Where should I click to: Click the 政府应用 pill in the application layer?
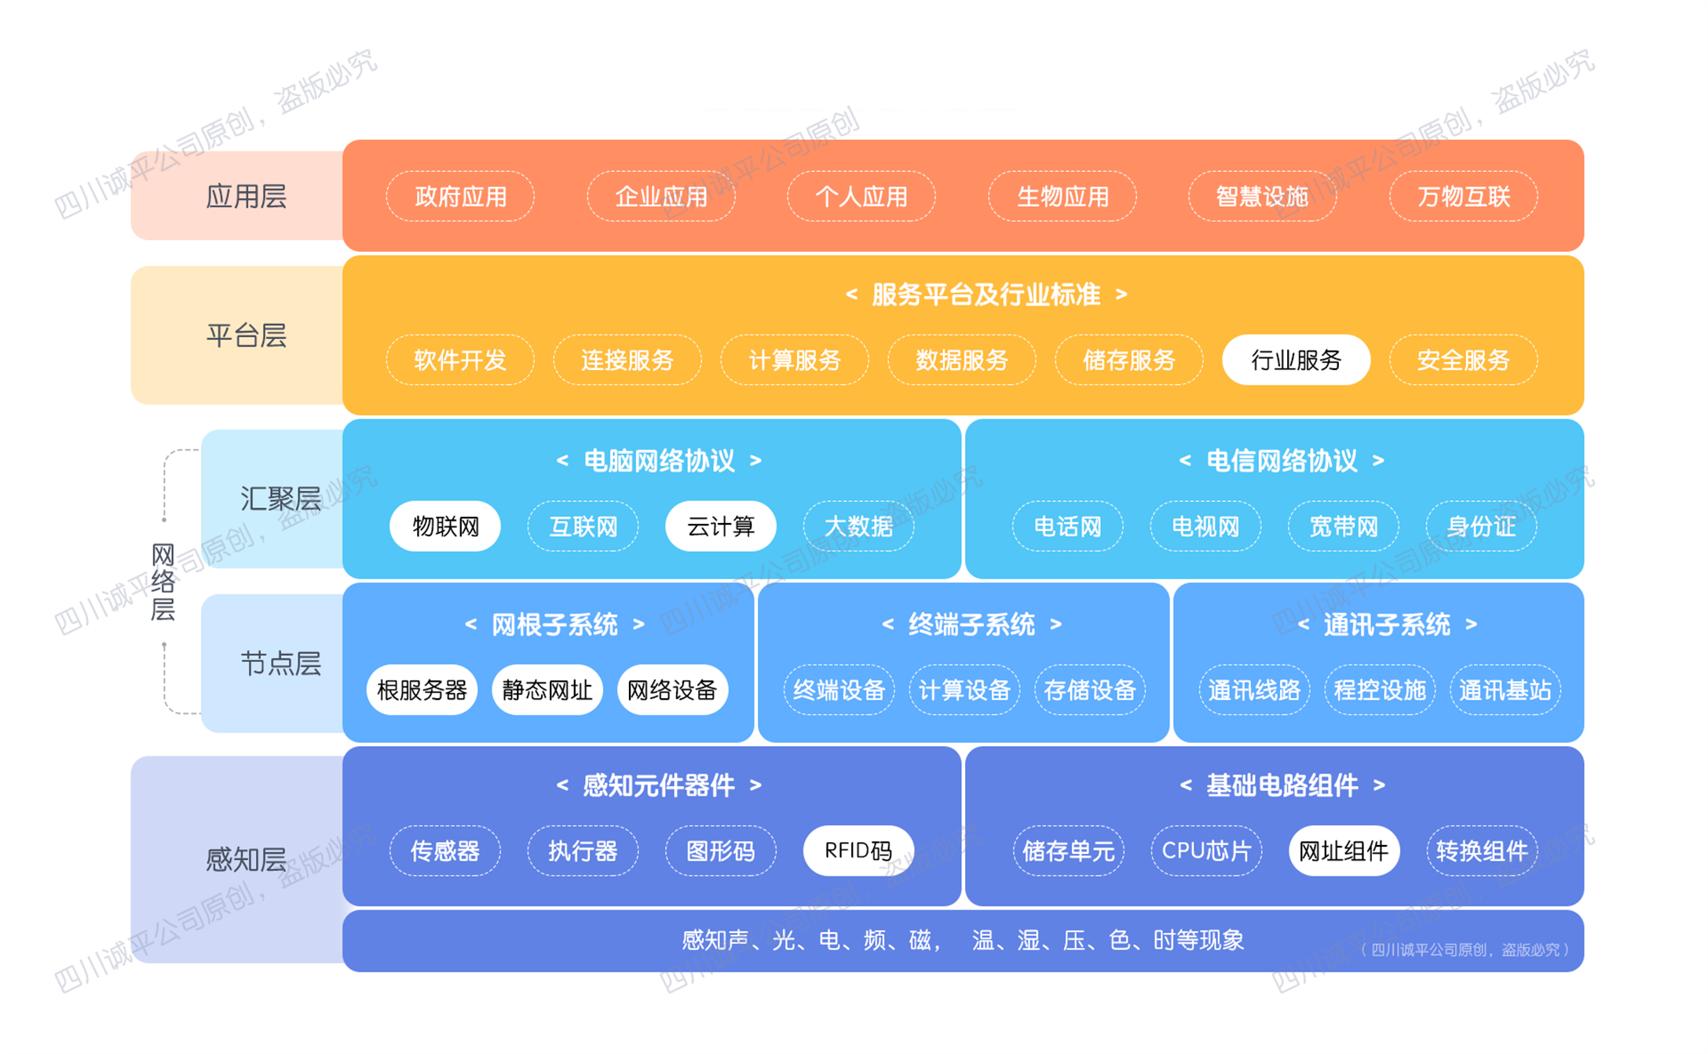[x=460, y=196]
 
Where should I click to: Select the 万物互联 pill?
[x=1463, y=196]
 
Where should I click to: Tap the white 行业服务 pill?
[x=1296, y=360]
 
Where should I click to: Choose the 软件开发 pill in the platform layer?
[x=460, y=360]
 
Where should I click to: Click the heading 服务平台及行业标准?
[x=986, y=295]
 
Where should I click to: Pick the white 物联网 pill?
[x=445, y=526]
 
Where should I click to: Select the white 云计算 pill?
[x=721, y=526]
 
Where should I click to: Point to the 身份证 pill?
[x=1481, y=526]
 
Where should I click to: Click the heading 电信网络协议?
[x=1282, y=461]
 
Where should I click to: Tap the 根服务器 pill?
[x=422, y=690]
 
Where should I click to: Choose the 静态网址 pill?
[x=547, y=690]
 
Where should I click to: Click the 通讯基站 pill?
[x=1505, y=690]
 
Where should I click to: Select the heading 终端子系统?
[x=971, y=624]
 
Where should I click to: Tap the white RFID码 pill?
[x=858, y=851]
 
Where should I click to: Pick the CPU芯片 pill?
[x=1206, y=851]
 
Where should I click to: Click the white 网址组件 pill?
[x=1344, y=851]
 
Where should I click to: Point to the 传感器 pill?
[x=445, y=851]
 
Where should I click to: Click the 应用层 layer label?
[x=246, y=196]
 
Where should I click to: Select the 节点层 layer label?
[x=280, y=664]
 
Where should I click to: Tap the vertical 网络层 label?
[x=163, y=582]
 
